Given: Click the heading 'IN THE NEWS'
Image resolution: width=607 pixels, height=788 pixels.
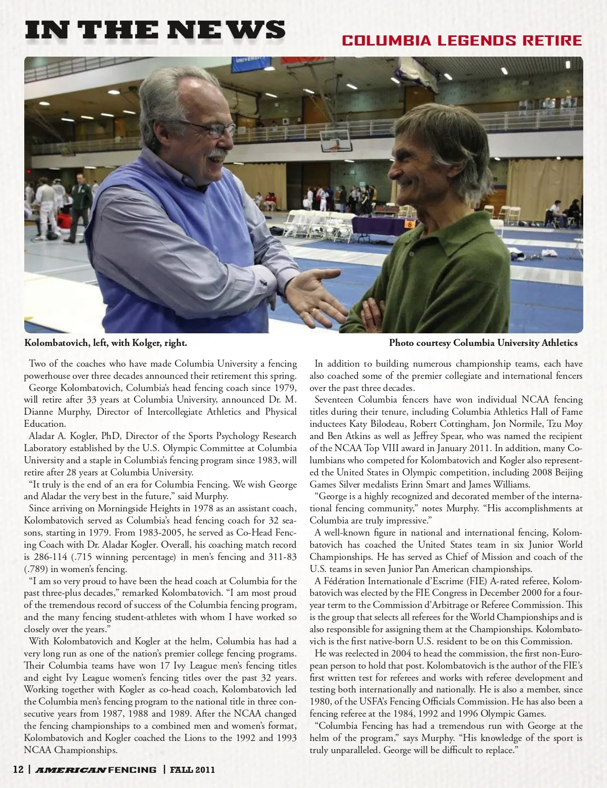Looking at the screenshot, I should [x=155, y=30].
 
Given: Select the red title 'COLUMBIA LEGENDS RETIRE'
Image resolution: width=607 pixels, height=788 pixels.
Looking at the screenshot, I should [x=462, y=40].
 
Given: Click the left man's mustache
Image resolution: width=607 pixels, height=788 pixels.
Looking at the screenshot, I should [x=219, y=153].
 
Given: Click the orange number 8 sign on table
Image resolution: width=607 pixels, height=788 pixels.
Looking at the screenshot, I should [x=409, y=224].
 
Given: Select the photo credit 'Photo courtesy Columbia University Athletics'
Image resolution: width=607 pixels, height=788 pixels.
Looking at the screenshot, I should [x=483, y=343].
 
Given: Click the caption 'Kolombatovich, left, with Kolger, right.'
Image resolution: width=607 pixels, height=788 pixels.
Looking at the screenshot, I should [x=106, y=343].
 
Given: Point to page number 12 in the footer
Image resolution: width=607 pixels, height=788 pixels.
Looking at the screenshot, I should [x=18, y=770].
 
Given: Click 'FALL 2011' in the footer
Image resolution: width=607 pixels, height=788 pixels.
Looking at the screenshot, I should [x=192, y=770].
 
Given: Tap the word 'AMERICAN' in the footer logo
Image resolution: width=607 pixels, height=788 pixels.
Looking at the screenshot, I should [x=71, y=770].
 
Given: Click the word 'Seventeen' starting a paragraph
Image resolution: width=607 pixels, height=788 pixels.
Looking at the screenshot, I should [x=334, y=400].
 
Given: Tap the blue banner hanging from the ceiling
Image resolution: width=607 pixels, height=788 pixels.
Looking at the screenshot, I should [x=251, y=64].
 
